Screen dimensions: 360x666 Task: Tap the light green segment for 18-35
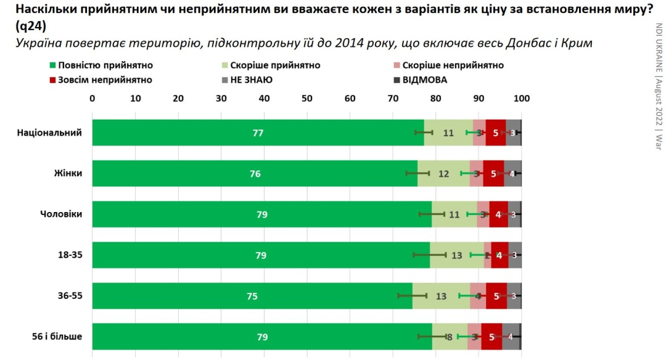[457, 255]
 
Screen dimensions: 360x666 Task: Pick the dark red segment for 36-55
[496, 295]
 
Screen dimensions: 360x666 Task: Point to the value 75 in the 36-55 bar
[252, 295]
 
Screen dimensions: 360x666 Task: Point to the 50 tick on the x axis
[307, 98]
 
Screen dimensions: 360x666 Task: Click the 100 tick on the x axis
[522, 98]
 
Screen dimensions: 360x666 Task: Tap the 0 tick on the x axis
[92, 98]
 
